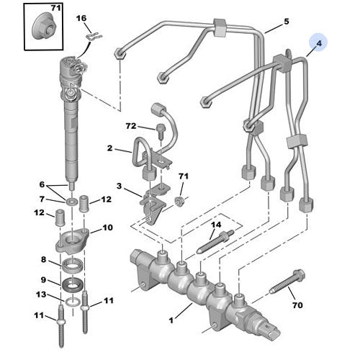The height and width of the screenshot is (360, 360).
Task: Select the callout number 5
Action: click(286, 22)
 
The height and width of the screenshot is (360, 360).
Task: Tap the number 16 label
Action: click(81, 18)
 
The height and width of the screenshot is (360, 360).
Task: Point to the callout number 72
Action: click(130, 126)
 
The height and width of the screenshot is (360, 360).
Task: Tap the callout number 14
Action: click(215, 225)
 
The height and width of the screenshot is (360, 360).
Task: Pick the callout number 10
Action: click(108, 228)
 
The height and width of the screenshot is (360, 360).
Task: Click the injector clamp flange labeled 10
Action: click(73, 240)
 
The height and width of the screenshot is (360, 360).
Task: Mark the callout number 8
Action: click(44, 260)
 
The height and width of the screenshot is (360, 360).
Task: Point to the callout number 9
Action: click(44, 280)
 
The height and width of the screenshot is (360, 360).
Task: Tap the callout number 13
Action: click(44, 296)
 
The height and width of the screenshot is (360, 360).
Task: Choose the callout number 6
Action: click(42, 185)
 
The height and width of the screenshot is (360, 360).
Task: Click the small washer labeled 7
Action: click(73, 199)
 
